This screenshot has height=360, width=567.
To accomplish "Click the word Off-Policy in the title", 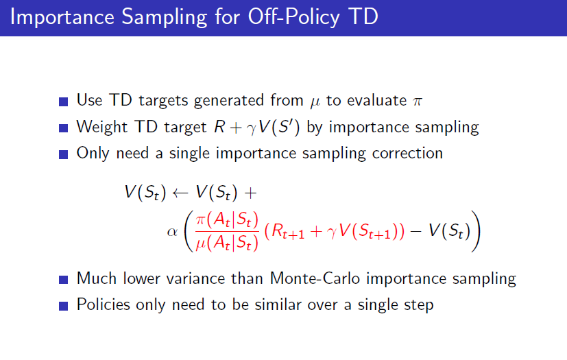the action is click(x=294, y=16).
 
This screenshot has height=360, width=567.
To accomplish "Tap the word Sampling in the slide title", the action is click(x=165, y=17).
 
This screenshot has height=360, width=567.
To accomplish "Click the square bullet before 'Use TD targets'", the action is click(x=63, y=101).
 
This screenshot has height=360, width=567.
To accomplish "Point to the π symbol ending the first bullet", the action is click(x=418, y=101).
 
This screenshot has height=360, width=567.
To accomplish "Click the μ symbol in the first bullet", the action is click(x=315, y=102).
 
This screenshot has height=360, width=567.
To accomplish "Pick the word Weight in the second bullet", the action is click(x=101, y=128).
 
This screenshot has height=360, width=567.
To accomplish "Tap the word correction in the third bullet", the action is click(x=407, y=154).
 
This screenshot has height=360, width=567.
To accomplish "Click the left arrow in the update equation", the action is click(x=180, y=193).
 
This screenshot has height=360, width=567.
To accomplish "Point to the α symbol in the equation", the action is click(x=173, y=232).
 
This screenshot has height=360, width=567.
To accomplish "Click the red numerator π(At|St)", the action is click(x=227, y=219).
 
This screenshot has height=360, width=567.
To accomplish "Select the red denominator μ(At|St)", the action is click(x=227, y=243).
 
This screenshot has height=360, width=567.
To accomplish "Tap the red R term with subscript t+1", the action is click(x=288, y=232).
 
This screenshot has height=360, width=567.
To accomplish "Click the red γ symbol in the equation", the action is click(x=332, y=232).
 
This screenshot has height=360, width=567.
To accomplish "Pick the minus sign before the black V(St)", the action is click(x=416, y=231).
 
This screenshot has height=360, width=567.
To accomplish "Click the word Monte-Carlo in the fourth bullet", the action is click(x=315, y=278).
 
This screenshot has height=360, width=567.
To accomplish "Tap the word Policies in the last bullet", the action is click(x=104, y=304).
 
